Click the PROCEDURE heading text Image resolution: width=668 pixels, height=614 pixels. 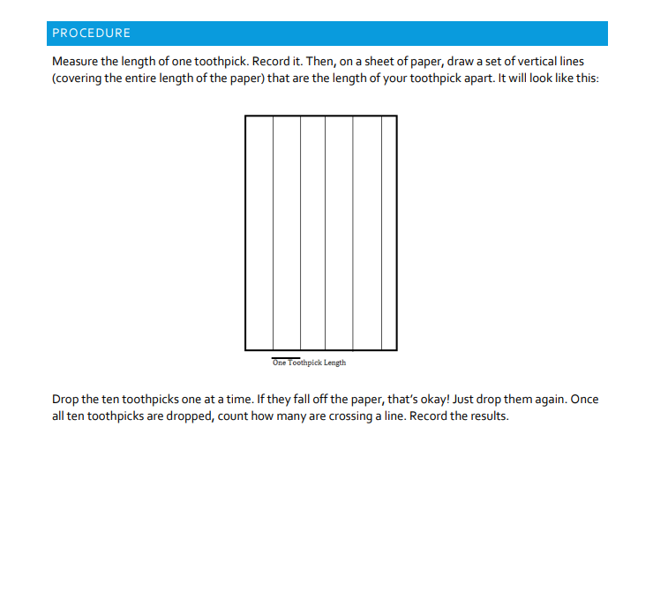pyautogui.click(x=91, y=34)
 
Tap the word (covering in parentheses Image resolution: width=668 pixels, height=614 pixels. pyautogui.click(x=79, y=79)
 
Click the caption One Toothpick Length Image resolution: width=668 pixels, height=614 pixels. pyautogui.click(x=309, y=363)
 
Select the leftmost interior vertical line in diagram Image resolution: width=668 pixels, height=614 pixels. pyautogui.click(x=274, y=233)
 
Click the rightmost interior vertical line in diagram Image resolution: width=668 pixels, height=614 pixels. pyautogui.click(x=382, y=233)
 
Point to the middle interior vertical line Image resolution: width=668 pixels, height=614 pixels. pyautogui.click(x=326, y=233)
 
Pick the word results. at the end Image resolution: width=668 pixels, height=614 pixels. pyautogui.click(x=489, y=416)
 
